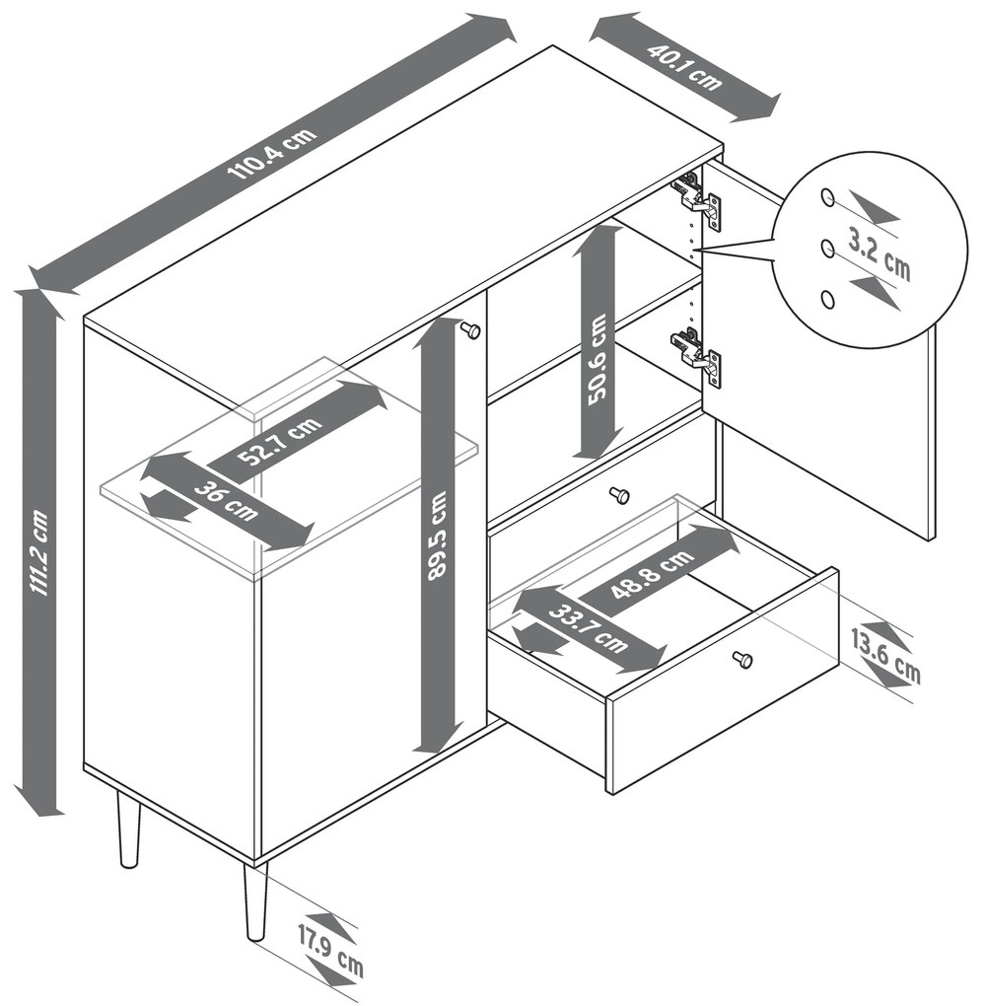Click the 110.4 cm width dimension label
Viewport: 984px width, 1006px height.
[x=271, y=154]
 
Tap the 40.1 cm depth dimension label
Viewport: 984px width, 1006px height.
[x=684, y=67]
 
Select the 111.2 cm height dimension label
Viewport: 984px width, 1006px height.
[x=41, y=553]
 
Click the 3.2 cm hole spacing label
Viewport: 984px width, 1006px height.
[x=879, y=254]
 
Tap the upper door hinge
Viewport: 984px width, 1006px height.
[x=697, y=199]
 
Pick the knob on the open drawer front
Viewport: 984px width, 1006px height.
[x=742, y=659]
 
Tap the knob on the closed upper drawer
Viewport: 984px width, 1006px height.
[x=619, y=495]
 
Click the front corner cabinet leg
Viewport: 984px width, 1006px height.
[x=255, y=900]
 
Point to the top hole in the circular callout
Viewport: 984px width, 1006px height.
[x=828, y=197]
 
